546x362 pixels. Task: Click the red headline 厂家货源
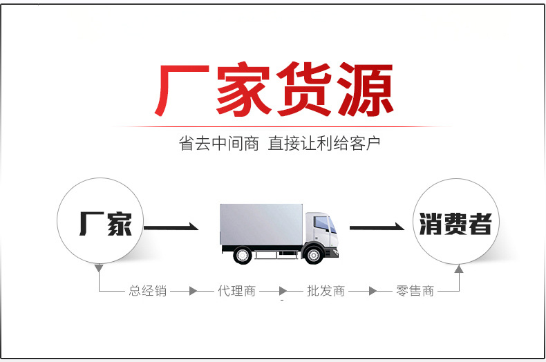(x=272, y=90)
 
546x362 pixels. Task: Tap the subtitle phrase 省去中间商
(x=218, y=144)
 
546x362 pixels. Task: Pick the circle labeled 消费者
(x=455, y=223)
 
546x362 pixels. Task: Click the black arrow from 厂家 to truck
(x=171, y=227)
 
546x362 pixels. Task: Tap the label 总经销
(x=148, y=291)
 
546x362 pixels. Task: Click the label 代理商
(x=236, y=291)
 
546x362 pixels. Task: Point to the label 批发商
(x=326, y=291)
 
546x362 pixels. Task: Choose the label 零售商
(x=415, y=291)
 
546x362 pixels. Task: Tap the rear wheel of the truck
(x=242, y=254)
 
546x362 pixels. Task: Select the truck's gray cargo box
(x=261, y=223)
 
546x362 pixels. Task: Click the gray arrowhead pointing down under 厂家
(x=99, y=267)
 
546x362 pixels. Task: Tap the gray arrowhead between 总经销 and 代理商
(x=193, y=291)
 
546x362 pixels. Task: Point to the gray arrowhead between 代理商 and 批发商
(x=282, y=291)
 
